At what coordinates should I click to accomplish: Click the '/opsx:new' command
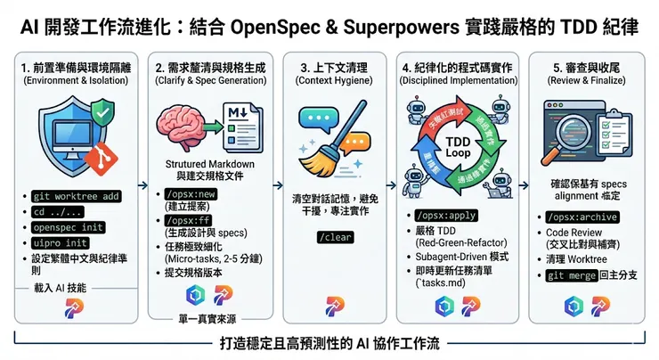point(185,194)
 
